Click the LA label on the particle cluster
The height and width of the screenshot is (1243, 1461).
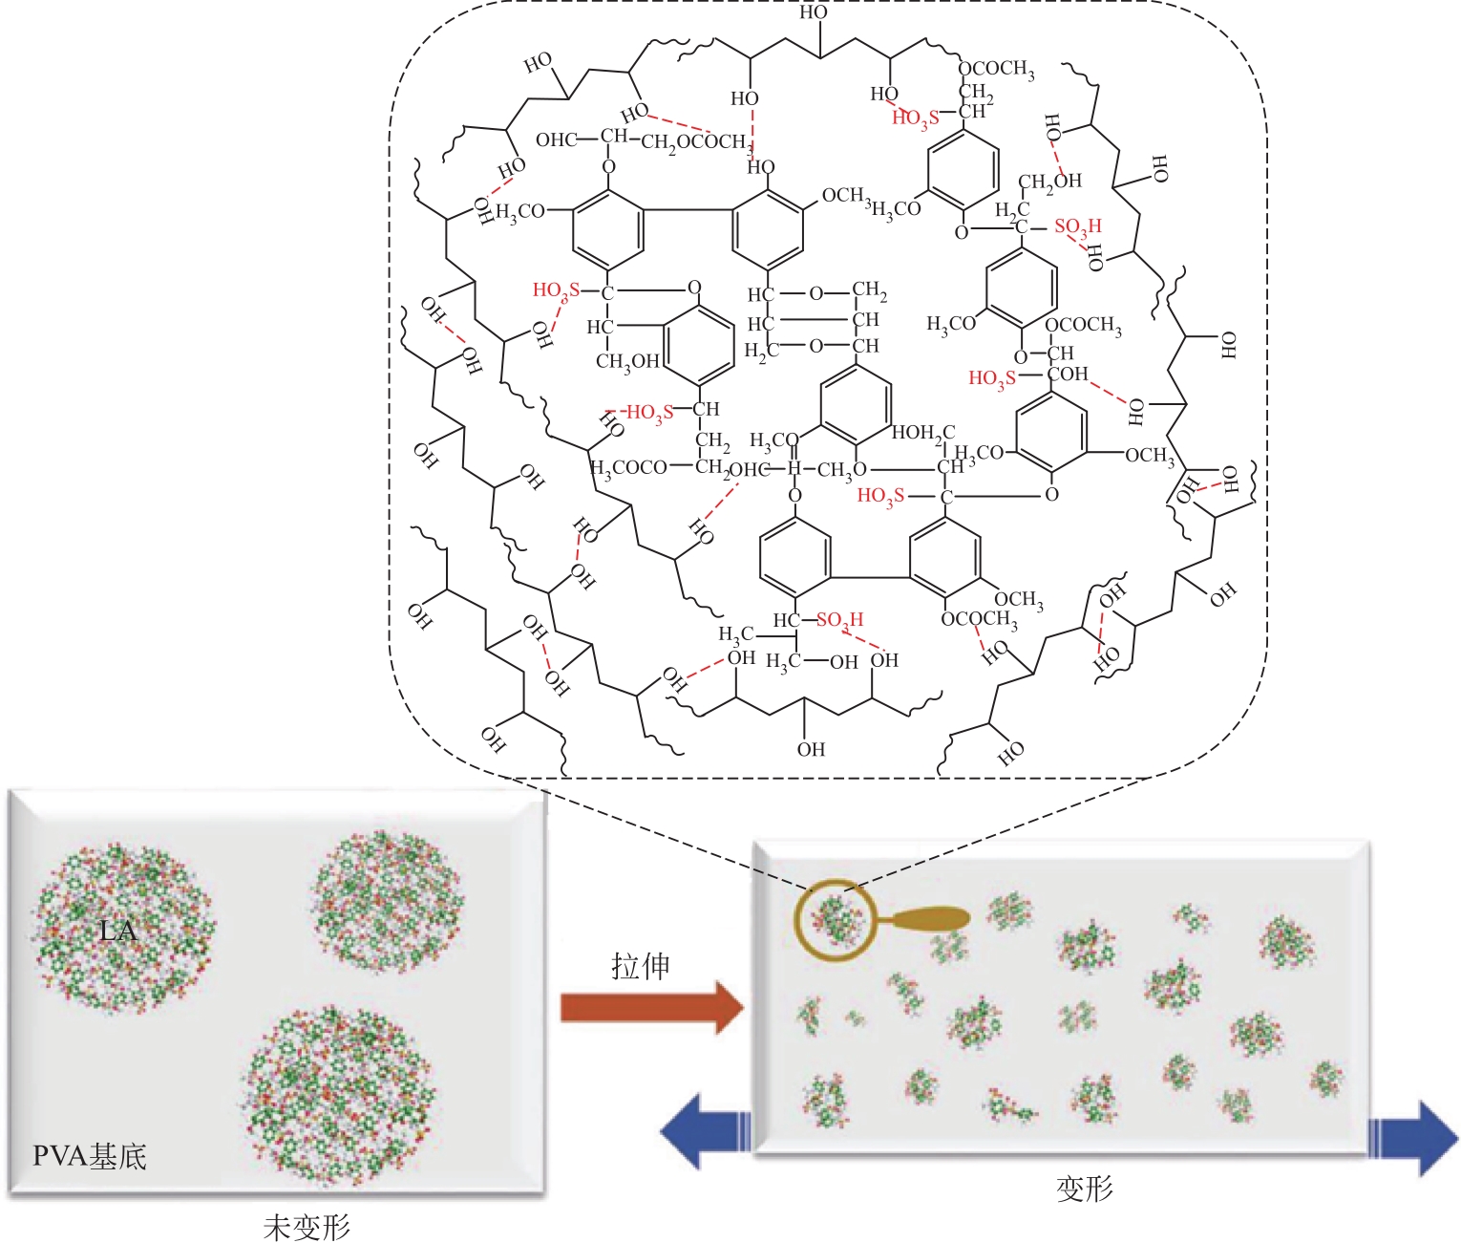(118, 930)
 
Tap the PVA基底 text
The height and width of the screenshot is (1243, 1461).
(90, 1157)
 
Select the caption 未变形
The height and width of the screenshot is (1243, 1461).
(307, 1227)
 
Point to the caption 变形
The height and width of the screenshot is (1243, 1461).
(1084, 1189)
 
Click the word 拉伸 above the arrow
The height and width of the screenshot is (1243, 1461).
(640, 966)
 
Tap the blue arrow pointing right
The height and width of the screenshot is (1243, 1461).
(1413, 1138)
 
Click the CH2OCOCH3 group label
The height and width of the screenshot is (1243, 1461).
(695, 142)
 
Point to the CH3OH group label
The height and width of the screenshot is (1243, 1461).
(627, 361)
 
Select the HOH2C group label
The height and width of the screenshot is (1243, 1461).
(922, 434)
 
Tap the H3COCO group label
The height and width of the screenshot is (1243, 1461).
(629, 468)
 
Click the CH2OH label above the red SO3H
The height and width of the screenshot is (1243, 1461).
(1049, 181)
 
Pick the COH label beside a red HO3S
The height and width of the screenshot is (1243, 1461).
(1068, 374)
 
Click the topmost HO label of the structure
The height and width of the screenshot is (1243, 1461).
(814, 12)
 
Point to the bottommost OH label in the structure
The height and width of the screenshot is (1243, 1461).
(811, 749)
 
